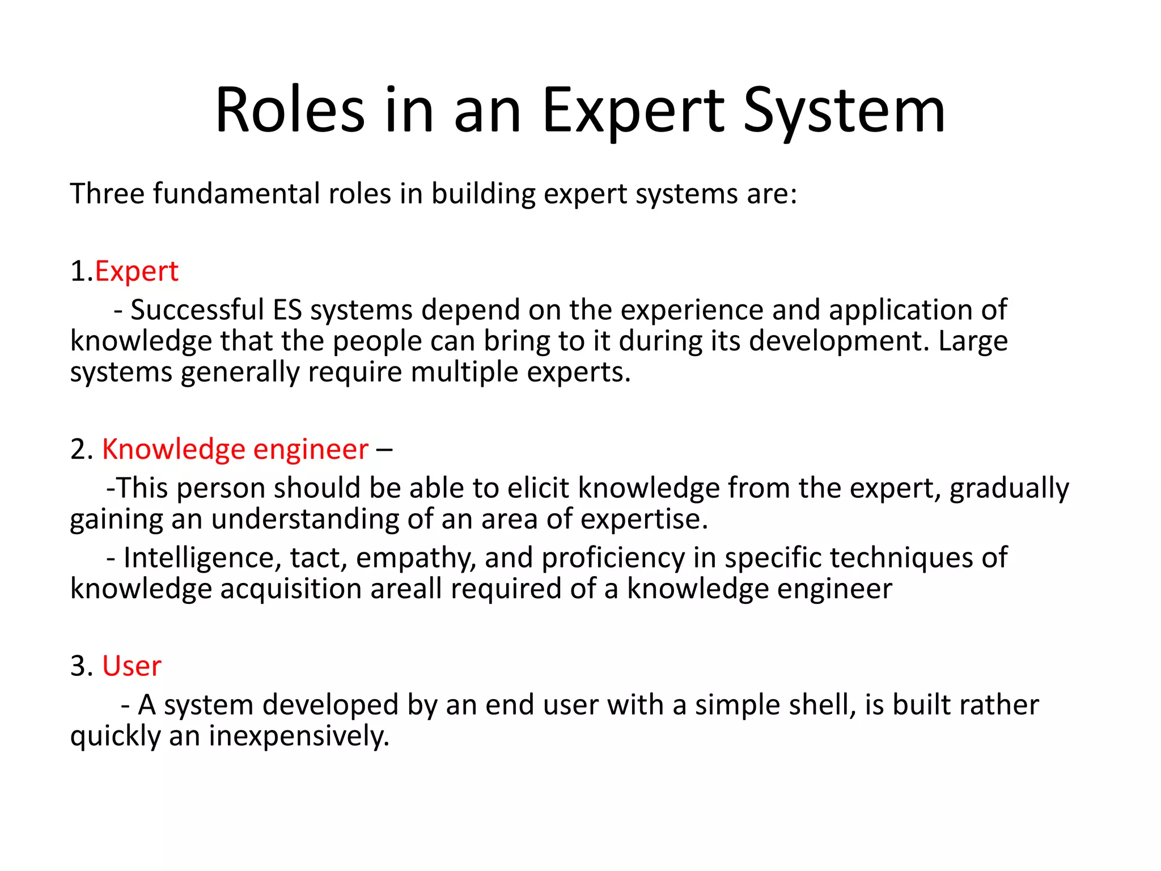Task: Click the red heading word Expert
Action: tap(137, 271)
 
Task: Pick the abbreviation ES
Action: tap(287, 310)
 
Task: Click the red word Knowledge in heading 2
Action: tap(172, 449)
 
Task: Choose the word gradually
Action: tap(1009, 488)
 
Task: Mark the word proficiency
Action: tap(613, 558)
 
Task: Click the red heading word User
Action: tap(132, 666)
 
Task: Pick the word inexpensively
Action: tap(299, 736)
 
